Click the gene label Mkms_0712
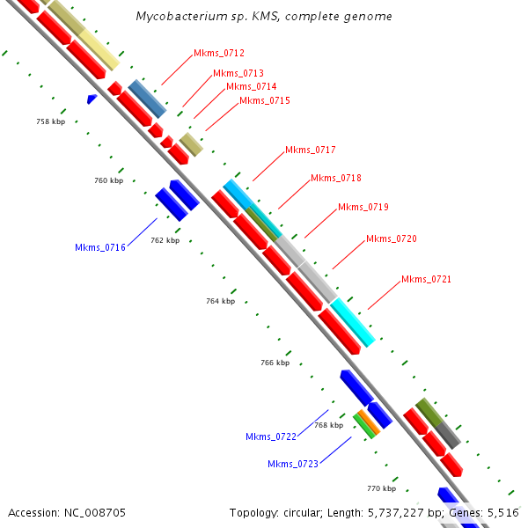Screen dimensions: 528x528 tap(219, 54)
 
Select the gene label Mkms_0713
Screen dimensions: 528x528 tap(238, 73)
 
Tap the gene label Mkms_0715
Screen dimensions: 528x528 tap(265, 101)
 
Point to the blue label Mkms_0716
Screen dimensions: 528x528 tap(100, 248)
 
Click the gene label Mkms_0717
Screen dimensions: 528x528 tap(310, 150)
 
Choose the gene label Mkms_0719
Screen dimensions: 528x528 tap(363, 207)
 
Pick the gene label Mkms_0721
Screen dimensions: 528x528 tap(426, 280)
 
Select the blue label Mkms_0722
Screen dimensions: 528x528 tap(271, 436)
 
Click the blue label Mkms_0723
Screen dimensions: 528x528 tap(293, 464)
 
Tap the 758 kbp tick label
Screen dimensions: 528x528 tap(50, 121)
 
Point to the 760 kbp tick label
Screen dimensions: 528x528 tap(108, 180)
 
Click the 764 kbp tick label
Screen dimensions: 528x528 tap(220, 301)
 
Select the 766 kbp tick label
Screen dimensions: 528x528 tap(275, 363)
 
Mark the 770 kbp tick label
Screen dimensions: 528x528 tap(381, 488)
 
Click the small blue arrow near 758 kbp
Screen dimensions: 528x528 tap(92, 99)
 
